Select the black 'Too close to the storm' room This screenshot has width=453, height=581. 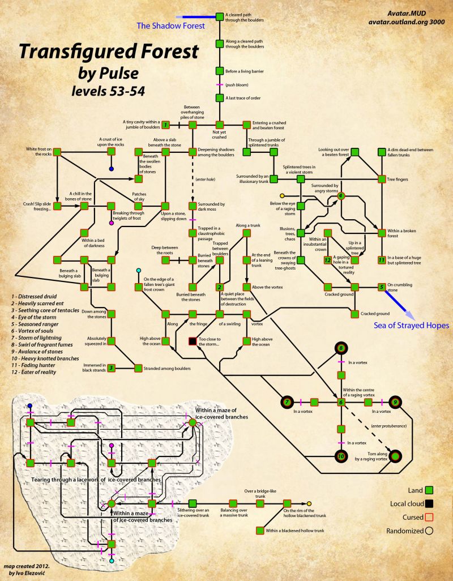[192, 341]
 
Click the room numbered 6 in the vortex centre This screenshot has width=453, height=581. [341, 402]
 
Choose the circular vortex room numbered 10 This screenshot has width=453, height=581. [341, 455]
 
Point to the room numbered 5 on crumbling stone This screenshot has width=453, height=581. [382, 287]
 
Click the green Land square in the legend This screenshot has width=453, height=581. [430, 490]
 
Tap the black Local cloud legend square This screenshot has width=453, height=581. [430, 503]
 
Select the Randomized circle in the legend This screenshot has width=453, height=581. [430, 531]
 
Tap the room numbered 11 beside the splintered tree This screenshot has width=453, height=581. [382, 260]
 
